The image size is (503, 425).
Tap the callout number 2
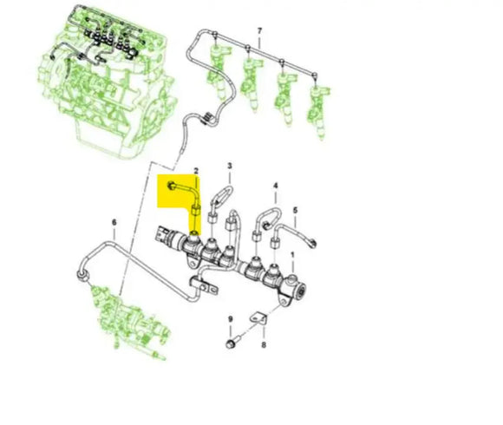197,173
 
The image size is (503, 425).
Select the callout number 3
230,166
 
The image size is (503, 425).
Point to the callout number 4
276,186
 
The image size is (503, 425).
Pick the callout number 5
295,210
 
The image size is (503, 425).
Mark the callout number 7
258,32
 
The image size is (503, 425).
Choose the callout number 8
265,345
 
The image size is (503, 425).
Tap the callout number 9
231,321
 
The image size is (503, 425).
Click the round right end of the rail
299,285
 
